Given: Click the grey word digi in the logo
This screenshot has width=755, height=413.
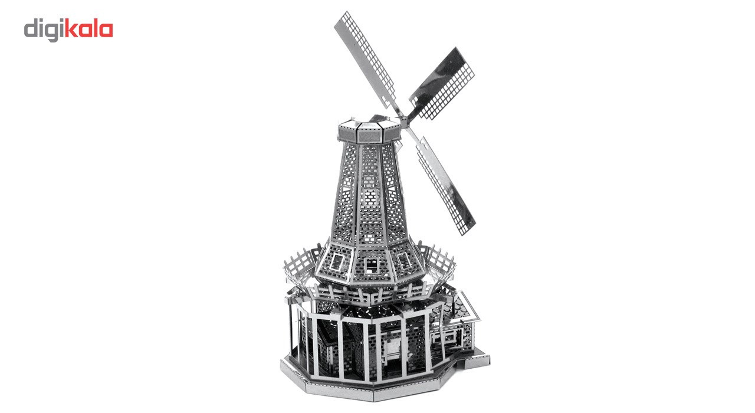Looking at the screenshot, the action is pyautogui.click(x=44, y=30).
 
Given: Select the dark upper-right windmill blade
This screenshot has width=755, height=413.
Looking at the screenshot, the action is pyautogui.click(x=441, y=83).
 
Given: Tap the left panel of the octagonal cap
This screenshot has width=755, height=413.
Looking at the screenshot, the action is pyautogui.click(x=347, y=133).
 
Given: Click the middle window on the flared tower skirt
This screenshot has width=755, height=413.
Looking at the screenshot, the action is pyautogui.click(x=372, y=266).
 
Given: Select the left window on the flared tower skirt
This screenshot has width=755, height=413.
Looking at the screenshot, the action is pyautogui.click(x=337, y=262).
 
